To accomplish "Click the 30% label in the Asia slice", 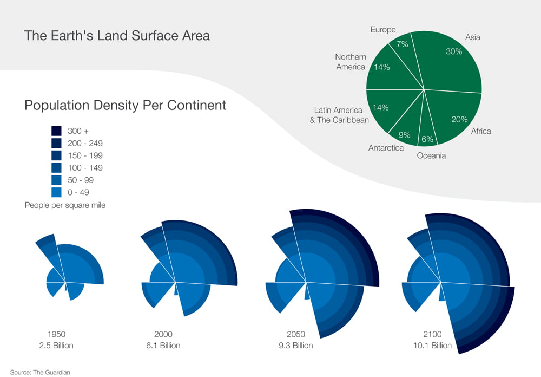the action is tap(454, 51).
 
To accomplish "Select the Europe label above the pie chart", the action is tap(383, 30).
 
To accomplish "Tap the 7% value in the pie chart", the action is tap(403, 44).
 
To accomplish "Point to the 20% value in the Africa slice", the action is tap(459, 119).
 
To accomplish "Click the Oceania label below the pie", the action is tap(431, 155).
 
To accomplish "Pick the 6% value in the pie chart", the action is tap(427, 139).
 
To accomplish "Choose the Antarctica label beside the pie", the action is tap(386, 148).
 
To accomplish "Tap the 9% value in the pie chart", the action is tap(404, 135).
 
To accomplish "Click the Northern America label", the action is tap(351, 62).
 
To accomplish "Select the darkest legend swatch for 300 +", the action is tap(56, 131).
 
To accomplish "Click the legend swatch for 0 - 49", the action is tap(56, 192).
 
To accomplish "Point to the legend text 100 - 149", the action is tap(85, 167).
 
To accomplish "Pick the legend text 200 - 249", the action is tap(85, 143).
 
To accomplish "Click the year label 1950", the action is tap(56, 334).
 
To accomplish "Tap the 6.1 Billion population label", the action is tap(163, 345).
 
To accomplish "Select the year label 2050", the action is tap(296, 334).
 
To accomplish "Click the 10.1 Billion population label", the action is tap(432, 345).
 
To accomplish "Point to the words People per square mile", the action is tap(65, 205).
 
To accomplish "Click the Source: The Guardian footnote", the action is tap(40, 372).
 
